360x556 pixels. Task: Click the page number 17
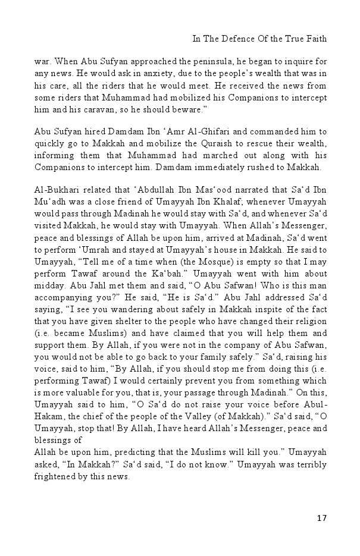(321, 518)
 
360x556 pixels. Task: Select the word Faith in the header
(315, 39)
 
